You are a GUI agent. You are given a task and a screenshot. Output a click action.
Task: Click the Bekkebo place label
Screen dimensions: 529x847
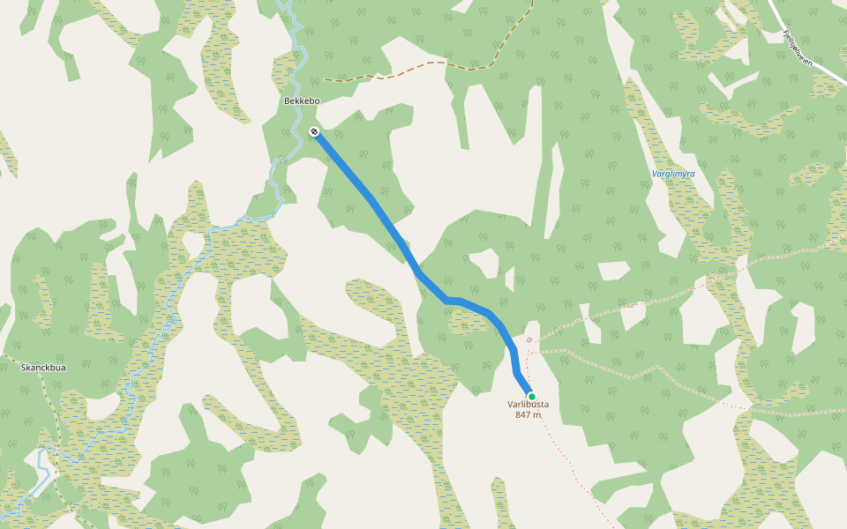[x=301, y=101]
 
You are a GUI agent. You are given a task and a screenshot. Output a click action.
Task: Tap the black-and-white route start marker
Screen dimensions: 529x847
[x=314, y=132]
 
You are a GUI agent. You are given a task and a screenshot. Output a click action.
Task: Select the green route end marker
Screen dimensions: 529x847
[x=531, y=396]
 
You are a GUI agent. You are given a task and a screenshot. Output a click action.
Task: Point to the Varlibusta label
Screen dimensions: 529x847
[x=528, y=405]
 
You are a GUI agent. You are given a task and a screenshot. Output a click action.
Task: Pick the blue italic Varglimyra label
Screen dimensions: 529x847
[x=672, y=174]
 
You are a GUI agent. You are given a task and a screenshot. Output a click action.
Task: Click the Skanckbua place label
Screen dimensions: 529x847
[x=43, y=367]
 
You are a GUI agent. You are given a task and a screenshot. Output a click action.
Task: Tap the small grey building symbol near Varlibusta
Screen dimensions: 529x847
[x=528, y=339]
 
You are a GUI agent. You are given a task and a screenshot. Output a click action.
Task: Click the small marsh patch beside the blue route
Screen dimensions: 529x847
[x=468, y=322]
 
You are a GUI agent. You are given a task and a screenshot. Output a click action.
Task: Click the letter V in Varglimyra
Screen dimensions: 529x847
[x=654, y=174]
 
